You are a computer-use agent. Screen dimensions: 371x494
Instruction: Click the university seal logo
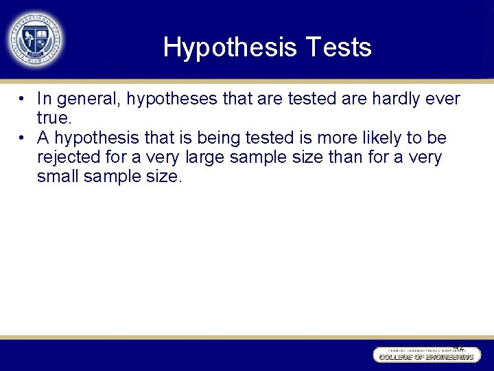tap(35, 38)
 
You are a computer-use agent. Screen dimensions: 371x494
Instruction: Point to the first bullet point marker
tap(23, 99)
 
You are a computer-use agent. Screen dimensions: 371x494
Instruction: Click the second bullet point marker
tap(23, 139)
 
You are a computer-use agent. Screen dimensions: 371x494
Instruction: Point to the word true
tap(53, 119)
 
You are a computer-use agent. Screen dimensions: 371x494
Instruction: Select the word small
tap(59, 178)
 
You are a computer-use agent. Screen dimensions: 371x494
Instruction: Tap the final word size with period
tap(165, 178)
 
